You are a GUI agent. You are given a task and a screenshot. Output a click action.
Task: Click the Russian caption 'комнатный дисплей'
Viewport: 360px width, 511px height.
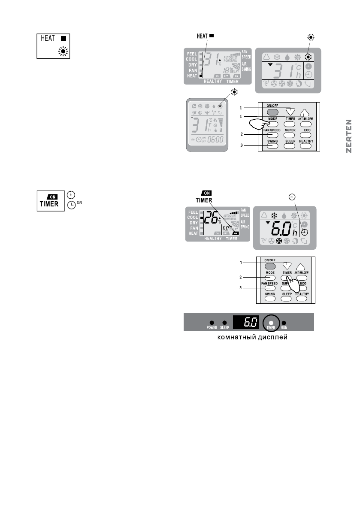(x=248, y=338)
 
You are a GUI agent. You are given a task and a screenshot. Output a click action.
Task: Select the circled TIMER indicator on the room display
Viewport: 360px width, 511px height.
(x=270, y=322)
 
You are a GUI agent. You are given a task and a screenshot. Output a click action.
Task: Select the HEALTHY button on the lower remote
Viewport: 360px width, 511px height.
(x=306, y=297)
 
